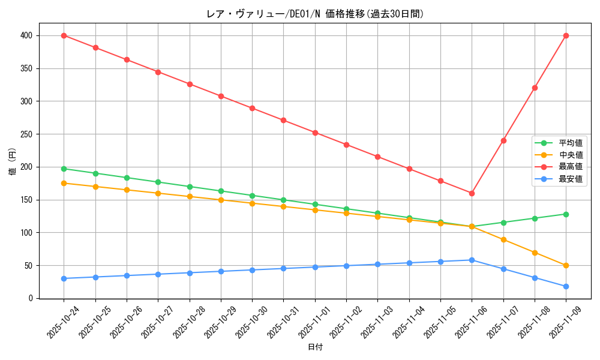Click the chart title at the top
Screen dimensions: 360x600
point(315,14)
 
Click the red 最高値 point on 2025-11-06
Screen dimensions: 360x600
point(472,193)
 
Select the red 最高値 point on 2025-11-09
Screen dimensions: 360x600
point(566,35)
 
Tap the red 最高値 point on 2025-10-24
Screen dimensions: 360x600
point(64,35)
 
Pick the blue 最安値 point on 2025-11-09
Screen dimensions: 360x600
point(566,286)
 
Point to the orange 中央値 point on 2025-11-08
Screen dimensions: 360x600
point(535,253)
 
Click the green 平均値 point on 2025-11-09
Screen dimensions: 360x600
point(566,214)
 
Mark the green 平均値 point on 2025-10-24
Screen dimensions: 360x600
point(64,169)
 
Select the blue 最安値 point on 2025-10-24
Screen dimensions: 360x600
point(64,278)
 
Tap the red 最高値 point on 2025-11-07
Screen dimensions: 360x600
point(503,140)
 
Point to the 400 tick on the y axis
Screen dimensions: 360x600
point(28,36)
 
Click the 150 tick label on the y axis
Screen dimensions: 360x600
point(28,200)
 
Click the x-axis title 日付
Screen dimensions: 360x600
point(315,347)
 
